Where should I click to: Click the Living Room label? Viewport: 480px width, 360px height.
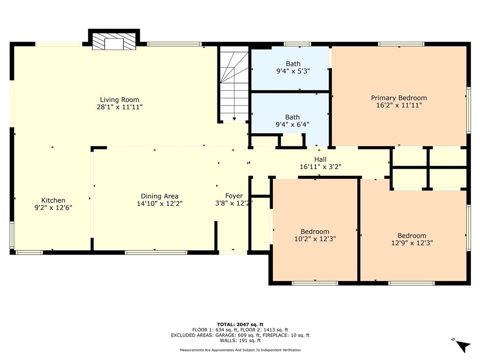click(x=120, y=99)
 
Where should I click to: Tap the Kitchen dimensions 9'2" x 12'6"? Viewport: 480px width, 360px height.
click(x=53, y=207)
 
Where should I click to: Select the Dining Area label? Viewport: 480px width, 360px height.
click(x=159, y=196)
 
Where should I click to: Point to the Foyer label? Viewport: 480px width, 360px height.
click(x=234, y=196)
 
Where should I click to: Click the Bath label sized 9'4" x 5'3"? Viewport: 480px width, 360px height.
click(x=293, y=64)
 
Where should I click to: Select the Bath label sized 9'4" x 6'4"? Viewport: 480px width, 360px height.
click(x=293, y=117)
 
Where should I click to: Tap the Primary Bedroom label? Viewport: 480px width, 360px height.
click(x=399, y=98)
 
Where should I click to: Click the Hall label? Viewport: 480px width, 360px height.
click(x=320, y=159)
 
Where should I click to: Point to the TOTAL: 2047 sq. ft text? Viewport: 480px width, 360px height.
click(x=240, y=324)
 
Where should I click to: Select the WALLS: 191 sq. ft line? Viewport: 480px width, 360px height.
click(x=240, y=341)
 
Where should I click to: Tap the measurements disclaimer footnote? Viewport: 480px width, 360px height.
click(x=240, y=350)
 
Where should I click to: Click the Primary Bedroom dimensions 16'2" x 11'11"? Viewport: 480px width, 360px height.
click(x=399, y=105)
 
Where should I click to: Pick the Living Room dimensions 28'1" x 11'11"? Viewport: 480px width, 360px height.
click(x=120, y=107)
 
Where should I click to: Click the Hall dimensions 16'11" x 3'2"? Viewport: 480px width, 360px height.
click(x=320, y=167)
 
